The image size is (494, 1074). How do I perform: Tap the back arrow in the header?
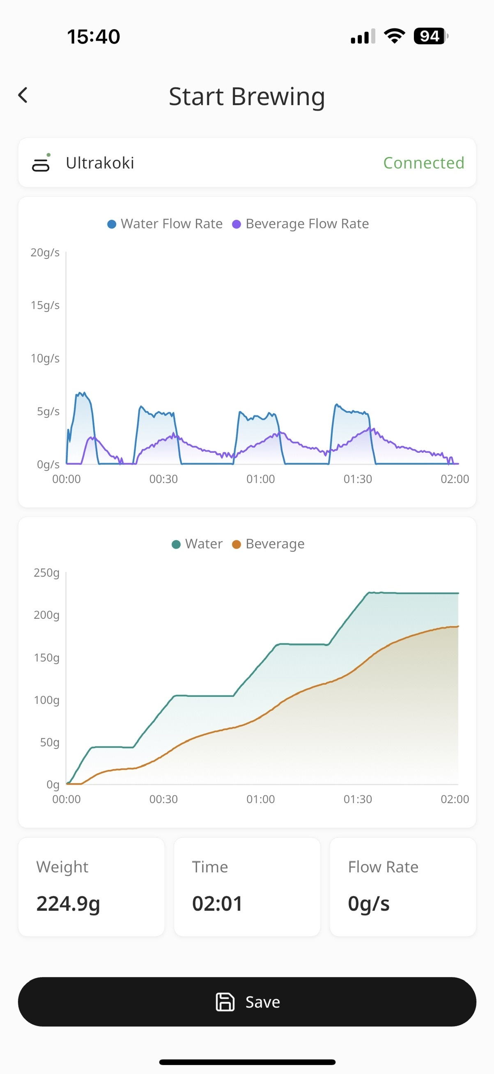(23, 95)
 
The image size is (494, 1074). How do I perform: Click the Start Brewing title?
(246, 97)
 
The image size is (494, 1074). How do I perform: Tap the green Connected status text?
(423, 163)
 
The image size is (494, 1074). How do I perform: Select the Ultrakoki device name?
(100, 163)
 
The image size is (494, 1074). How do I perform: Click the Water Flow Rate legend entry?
(165, 224)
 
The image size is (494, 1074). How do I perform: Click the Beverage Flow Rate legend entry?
(301, 224)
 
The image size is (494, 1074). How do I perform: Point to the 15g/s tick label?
(45, 305)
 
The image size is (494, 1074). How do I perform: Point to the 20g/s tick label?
(45, 252)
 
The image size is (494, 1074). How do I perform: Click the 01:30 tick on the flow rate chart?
(357, 479)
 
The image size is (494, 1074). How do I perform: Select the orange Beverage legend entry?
(269, 544)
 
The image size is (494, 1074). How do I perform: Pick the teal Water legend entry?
(198, 544)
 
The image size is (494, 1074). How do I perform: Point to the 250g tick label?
(47, 572)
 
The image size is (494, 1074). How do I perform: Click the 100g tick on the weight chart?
(47, 700)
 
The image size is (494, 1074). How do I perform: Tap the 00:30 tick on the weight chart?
(163, 799)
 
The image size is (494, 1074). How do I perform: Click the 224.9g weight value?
(68, 903)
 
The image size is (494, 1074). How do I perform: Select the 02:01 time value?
(217, 903)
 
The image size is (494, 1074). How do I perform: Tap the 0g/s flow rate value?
(369, 903)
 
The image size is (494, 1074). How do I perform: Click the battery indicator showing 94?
(430, 36)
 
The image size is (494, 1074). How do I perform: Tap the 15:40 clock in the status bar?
(94, 37)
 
